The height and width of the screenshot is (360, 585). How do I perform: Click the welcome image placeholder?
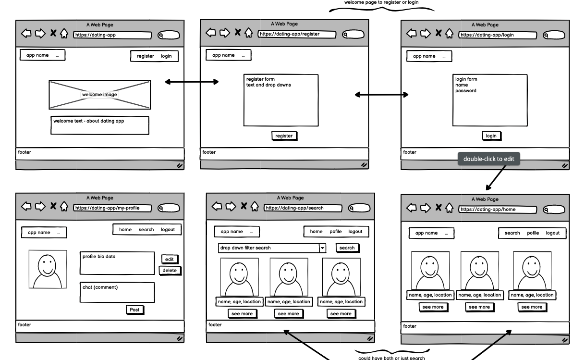click(x=99, y=95)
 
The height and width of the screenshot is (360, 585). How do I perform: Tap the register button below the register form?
click(x=284, y=136)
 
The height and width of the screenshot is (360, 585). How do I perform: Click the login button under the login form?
click(x=491, y=136)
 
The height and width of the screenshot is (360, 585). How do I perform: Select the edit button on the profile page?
click(x=169, y=260)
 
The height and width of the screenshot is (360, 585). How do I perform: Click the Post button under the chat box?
click(x=134, y=310)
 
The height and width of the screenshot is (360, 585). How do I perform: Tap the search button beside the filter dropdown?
click(x=347, y=248)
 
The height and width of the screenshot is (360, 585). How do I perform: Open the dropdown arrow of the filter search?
click(x=323, y=248)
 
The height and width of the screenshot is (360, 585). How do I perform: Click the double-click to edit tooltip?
click(x=488, y=159)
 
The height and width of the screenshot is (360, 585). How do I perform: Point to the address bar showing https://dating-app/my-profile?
click(x=112, y=208)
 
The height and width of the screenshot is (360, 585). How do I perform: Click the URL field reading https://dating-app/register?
click(x=296, y=34)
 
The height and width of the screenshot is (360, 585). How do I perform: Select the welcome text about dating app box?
click(x=99, y=125)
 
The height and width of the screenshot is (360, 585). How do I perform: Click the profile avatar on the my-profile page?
click(x=48, y=269)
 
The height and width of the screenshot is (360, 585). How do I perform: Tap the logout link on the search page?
click(x=355, y=232)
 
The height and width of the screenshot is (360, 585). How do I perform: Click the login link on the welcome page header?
click(x=166, y=56)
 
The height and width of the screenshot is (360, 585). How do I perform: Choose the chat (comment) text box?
click(x=117, y=292)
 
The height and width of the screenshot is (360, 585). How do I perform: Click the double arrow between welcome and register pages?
click(x=192, y=82)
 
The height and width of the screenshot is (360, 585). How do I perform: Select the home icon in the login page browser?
click(x=449, y=34)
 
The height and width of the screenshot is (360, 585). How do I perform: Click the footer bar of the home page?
click(x=485, y=327)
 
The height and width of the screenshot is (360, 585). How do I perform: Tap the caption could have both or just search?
click(x=391, y=358)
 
